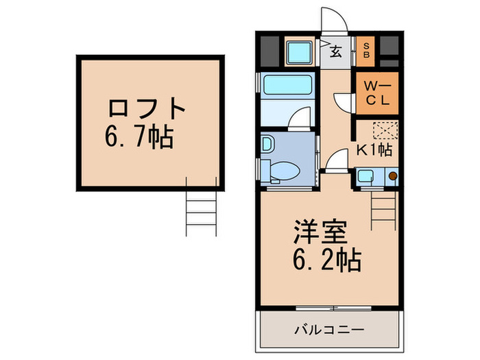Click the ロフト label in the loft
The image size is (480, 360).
(147, 109)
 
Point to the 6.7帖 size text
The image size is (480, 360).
(139, 139)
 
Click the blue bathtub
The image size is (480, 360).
(288, 85)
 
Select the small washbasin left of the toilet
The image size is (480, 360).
(267, 145)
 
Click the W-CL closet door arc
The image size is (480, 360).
(343, 101)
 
